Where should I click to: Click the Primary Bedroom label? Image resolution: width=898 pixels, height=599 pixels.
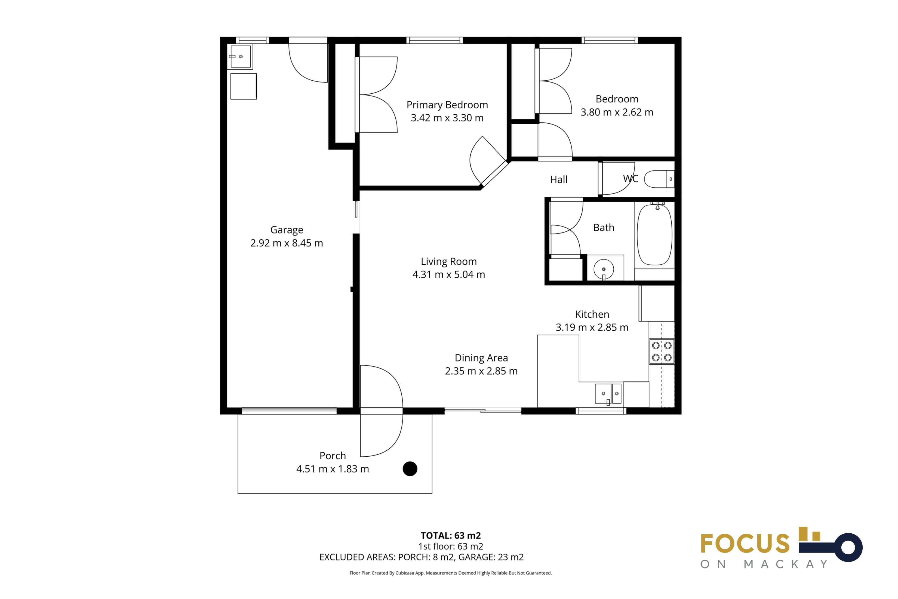click(447, 105)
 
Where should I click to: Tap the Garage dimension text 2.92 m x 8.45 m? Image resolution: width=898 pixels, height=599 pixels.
click(287, 243)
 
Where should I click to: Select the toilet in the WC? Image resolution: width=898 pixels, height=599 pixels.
click(659, 179)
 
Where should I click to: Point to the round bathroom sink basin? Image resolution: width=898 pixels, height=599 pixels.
click(604, 269)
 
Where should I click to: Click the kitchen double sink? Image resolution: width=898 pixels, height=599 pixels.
click(608, 393)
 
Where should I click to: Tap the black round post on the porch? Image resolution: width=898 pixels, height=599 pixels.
click(410, 469)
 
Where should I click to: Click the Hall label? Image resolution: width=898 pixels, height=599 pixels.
click(559, 179)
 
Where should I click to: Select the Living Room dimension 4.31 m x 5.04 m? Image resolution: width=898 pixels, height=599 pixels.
click(449, 274)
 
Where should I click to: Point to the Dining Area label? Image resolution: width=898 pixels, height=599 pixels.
click(481, 358)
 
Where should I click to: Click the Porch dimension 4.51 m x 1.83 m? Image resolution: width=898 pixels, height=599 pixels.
click(333, 469)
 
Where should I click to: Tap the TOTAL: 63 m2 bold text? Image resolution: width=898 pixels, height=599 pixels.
click(451, 536)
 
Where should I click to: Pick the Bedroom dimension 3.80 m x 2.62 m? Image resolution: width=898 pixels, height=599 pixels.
click(617, 112)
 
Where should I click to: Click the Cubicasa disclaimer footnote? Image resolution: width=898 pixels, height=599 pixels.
click(451, 573)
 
